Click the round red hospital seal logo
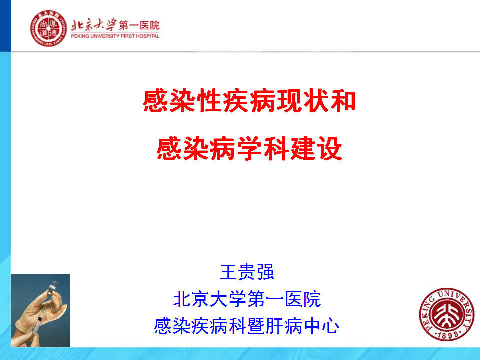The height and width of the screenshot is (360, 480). pos(48,28)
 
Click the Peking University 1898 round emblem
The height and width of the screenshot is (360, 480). pos(446,314)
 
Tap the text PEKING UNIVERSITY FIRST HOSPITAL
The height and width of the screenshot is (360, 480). pos(115,36)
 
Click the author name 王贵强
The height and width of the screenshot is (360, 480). pos(247,272)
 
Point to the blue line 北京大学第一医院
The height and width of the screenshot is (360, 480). pos(247,299)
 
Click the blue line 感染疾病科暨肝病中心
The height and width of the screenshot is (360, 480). pos(246,326)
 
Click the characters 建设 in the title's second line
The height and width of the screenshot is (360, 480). pos(316,149)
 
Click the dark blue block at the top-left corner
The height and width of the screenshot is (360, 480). pos(5,25)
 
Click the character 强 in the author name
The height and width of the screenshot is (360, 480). pos(265,272)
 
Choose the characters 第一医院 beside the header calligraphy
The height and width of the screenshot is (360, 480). pos(139,25)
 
